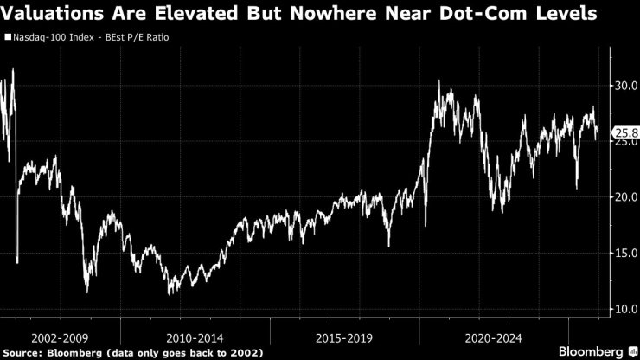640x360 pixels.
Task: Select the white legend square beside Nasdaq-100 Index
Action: pos(7,39)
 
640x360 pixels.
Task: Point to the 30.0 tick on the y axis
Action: pos(624,86)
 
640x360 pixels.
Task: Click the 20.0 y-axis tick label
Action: pos(624,197)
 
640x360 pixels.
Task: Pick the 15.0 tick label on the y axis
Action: pos(624,254)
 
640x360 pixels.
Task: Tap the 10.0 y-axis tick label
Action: pos(624,309)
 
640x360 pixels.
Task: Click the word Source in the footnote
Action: pos(24,352)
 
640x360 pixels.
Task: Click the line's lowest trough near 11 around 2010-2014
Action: pos(170,292)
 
